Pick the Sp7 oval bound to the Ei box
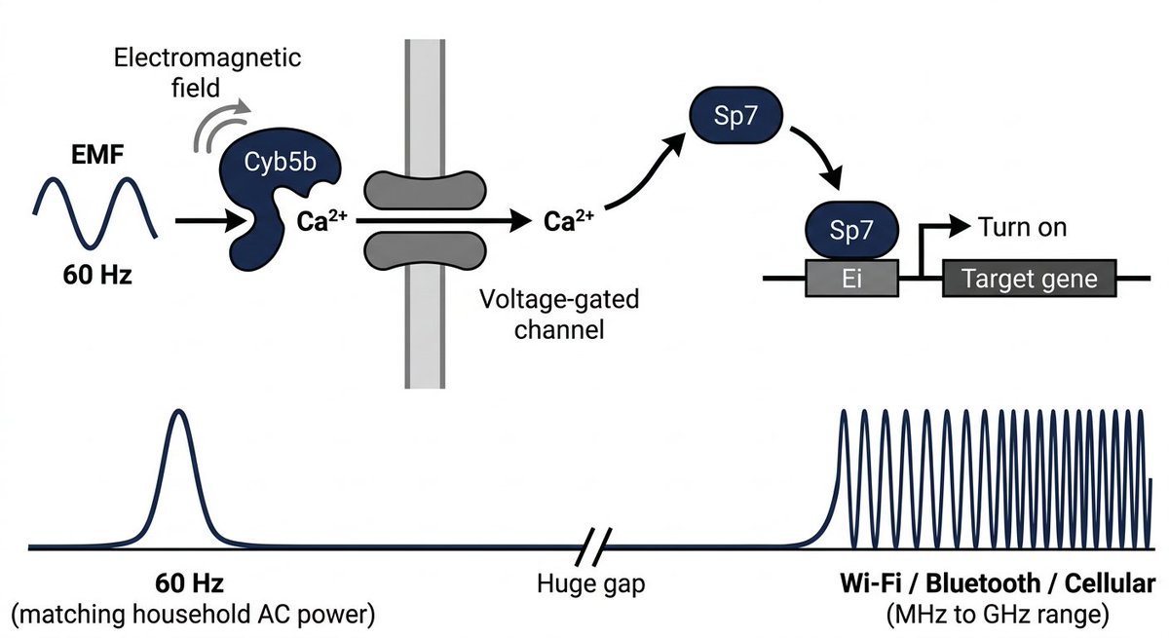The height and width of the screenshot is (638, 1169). click(852, 231)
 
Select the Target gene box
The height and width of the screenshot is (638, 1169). click(1029, 280)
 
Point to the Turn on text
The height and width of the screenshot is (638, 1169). click(1023, 228)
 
